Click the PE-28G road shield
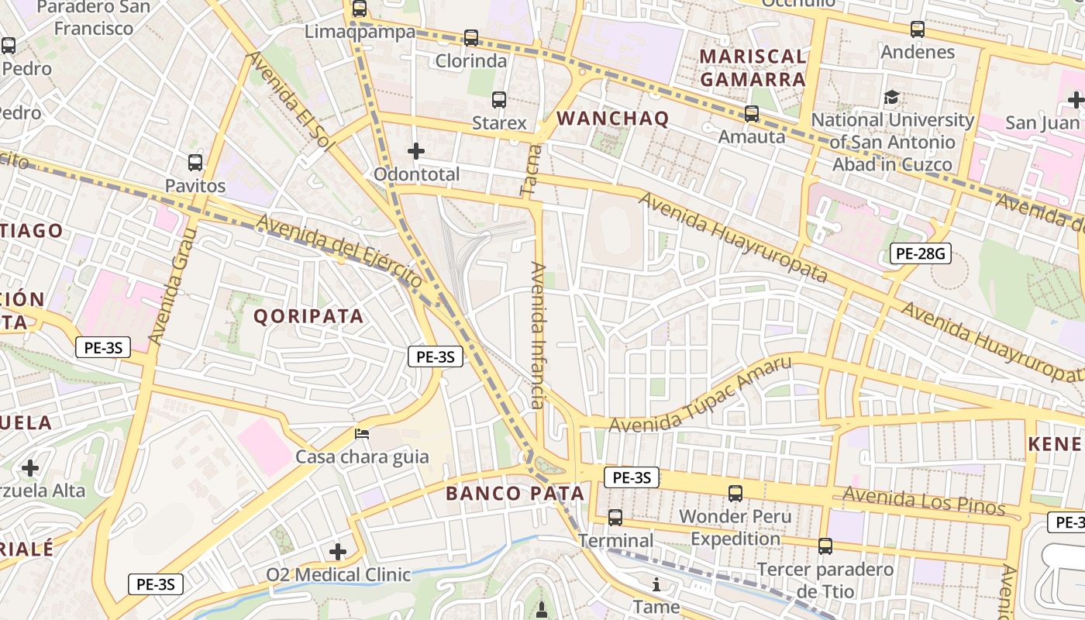tap(920, 253)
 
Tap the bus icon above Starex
tap(499, 100)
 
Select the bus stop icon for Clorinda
tap(471, 37)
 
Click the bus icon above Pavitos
tap(195, 163)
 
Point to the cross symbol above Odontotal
tap(416, 150)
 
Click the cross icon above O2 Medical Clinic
tap(338, 552)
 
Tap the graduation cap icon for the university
tap(892, 98)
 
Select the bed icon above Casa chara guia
tap(362, 434)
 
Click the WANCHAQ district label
tap(612, 119)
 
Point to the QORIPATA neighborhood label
tap(308, 316)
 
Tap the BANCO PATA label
tap(515, 494)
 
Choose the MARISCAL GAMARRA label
tap(753, 67)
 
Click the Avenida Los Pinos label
tap(924, 501)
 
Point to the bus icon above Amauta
tap(752, 114)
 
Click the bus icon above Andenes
tap(918, 29)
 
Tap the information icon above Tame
tap(656, 584)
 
